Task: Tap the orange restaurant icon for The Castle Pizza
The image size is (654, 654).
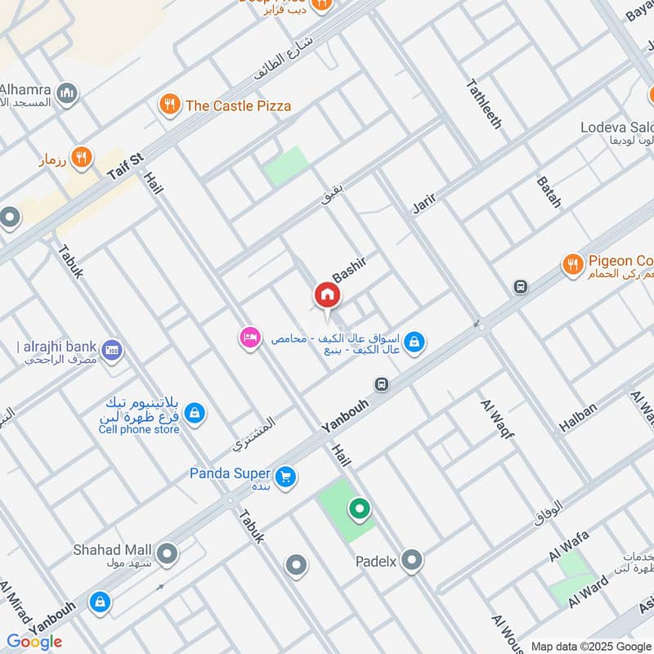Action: tap(169, 105)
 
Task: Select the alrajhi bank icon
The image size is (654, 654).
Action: tap(112, 350)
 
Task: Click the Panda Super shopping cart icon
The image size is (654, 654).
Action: tap(284, 476)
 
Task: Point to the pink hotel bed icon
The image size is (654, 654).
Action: tap(249, 337)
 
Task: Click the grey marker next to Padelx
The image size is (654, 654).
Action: tap(413, 561)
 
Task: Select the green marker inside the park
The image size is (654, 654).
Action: tap(358, 510)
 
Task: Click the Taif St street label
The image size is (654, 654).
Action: tap(125, 166)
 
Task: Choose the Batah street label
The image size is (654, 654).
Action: tap(549, 191)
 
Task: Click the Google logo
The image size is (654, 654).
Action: tap(34, 642)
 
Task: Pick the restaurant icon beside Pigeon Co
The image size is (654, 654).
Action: tap(572, 264)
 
